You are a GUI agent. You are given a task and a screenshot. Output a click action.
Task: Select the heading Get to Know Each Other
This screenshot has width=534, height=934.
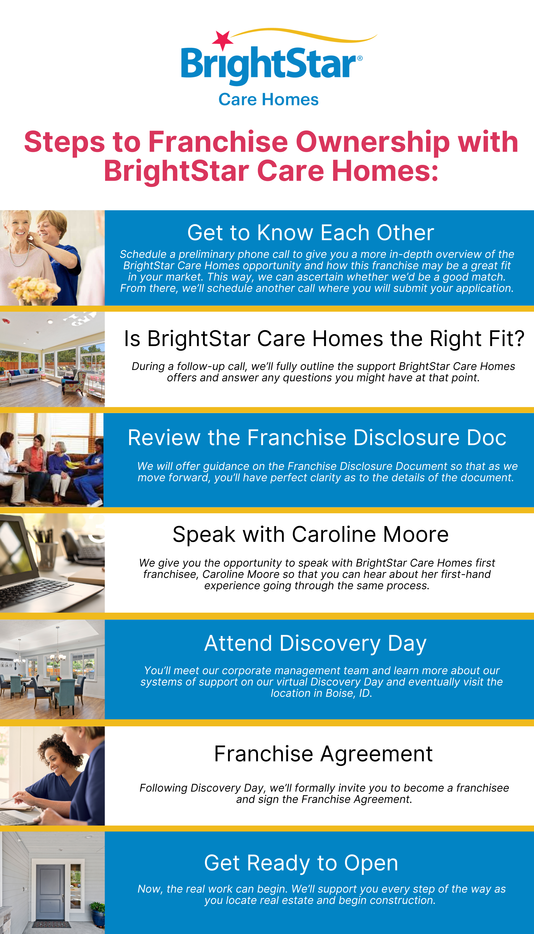311,232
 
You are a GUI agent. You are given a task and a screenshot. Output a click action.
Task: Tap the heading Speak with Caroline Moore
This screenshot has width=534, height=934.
311,534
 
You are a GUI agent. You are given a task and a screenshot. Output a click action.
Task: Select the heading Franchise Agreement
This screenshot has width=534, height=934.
323,754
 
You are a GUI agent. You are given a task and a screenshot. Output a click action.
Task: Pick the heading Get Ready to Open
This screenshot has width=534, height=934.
301,863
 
